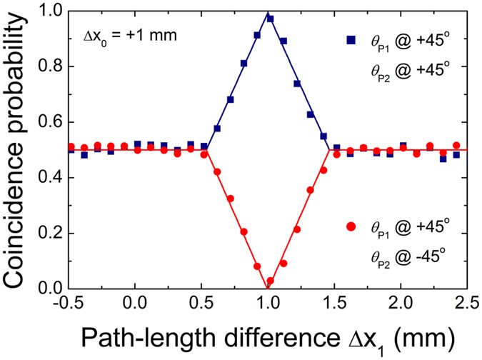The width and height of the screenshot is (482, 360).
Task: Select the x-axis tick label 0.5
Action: coord(201,304)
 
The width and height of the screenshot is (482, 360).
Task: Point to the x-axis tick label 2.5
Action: coord(468,304)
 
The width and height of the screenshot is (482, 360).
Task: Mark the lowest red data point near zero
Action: coord(270,281)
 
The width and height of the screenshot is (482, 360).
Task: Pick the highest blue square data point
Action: coord(270,19)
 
